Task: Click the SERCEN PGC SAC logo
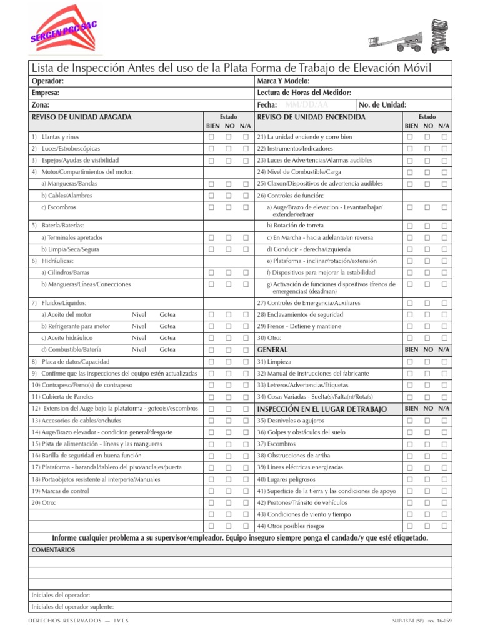62,31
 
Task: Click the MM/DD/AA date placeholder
306,105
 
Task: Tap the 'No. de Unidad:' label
383,105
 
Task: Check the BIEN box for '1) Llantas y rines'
212,137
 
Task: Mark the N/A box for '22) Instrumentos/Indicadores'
444,149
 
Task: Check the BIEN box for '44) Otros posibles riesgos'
410,527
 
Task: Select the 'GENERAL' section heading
272,350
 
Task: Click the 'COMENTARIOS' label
53,550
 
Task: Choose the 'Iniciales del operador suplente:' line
72,607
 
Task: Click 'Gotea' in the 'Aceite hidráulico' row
167,338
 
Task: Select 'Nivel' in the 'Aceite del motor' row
139,314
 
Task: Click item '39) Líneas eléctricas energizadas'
300,467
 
